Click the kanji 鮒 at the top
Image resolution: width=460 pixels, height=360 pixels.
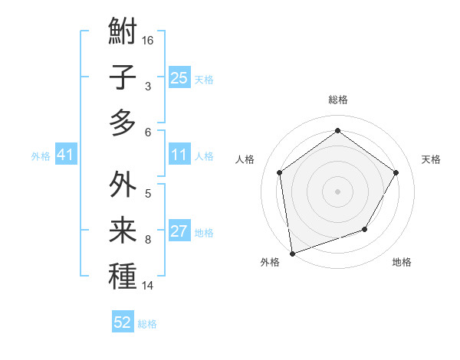coord(123,32)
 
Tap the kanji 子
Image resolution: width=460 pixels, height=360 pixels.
coord(123,78)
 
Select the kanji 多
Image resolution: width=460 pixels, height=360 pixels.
coord(123,123)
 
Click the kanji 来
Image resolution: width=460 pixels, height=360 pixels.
coord(123,231)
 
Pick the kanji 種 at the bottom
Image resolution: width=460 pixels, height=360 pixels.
coord(123,277)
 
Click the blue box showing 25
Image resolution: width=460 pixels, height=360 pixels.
coord(179,77)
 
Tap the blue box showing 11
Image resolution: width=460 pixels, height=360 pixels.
coord(179,155)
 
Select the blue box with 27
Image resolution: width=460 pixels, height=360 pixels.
coord(179,232)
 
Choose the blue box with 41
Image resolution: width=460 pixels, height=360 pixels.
coord(65,155)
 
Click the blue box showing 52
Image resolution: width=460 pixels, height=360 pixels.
coord(123,322)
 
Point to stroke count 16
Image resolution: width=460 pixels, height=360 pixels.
coord(149,40)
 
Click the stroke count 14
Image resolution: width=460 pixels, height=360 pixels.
coord(149,286)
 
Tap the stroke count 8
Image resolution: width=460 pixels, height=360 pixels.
coord(148,239)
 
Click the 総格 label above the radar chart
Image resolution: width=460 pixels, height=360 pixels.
coord(338,100)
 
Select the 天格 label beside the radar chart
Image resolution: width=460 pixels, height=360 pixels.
coord(432,159)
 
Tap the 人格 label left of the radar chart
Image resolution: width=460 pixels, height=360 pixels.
coord(245,159)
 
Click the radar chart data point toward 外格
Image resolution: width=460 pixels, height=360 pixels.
coord(292,253)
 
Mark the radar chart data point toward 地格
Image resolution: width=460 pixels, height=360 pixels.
coord(365,229)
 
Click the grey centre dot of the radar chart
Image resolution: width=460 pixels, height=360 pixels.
coord(337,191)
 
